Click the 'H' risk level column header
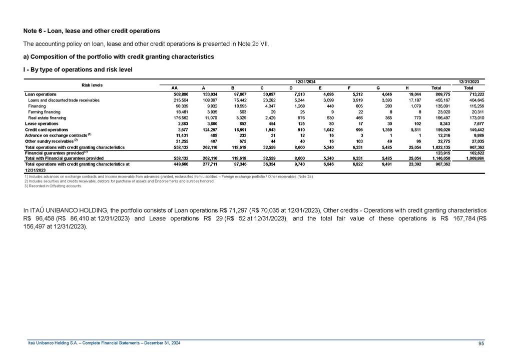tap(407, 88)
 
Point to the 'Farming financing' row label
tap(44, 112)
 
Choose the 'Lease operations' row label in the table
tap(42, 123)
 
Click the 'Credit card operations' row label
tap(47, 129)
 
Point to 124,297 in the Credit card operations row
tap(209, 129)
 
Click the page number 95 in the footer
tap(480, 342)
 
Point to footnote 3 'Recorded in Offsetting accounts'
tap(54, 185)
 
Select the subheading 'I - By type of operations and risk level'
tap(78, 69)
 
